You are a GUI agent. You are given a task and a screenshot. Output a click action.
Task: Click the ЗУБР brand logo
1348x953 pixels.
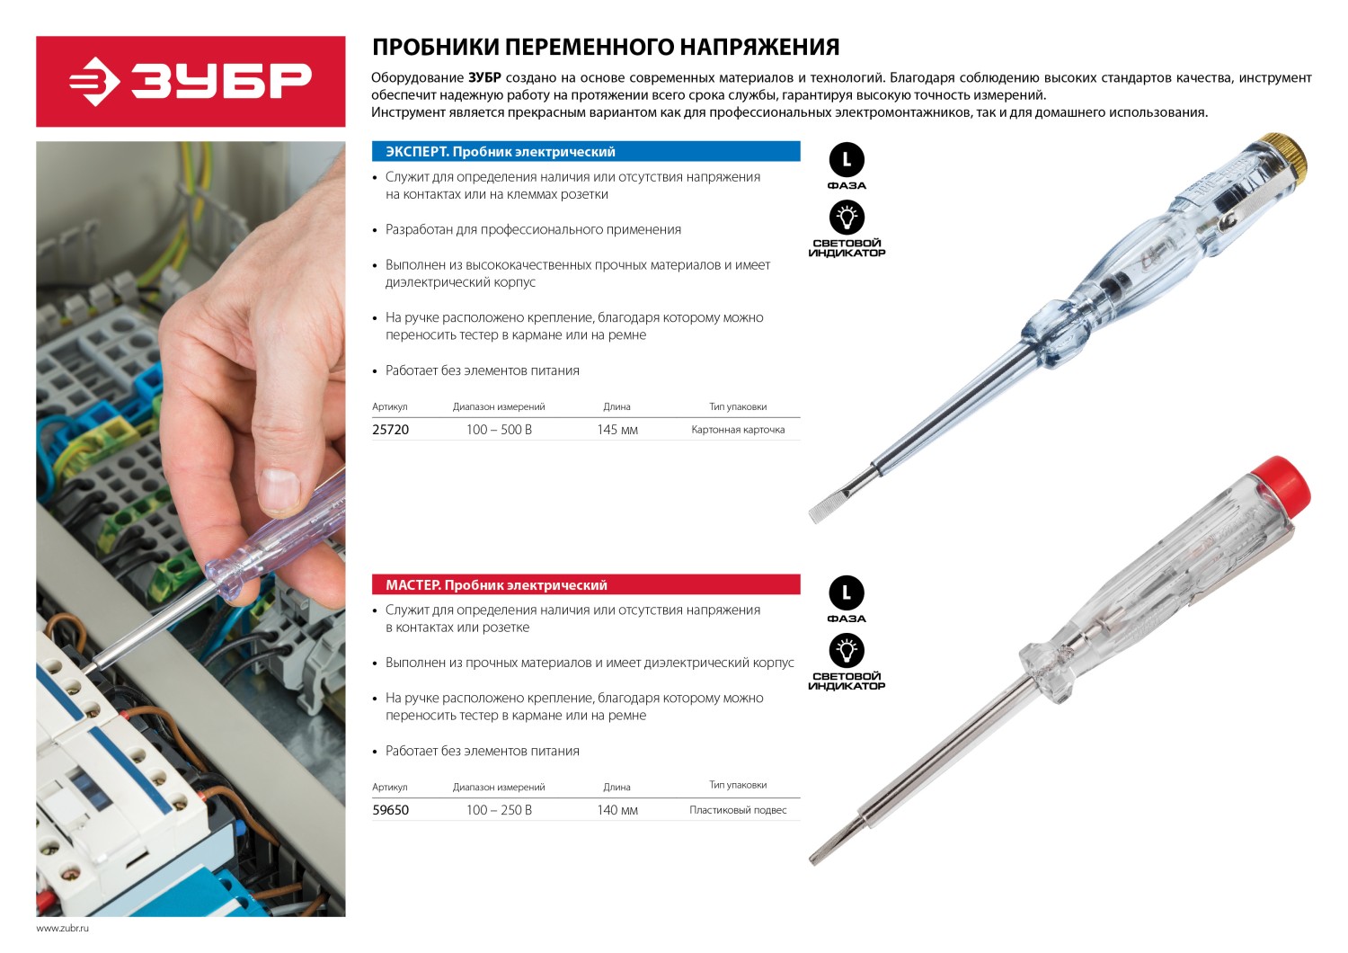click(191, 81)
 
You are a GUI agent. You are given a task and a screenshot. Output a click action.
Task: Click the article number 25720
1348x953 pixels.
click(390, 430)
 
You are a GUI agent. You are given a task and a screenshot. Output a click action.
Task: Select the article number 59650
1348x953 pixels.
click(390, 810)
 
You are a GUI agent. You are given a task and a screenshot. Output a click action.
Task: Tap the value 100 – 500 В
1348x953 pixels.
click(499, 430)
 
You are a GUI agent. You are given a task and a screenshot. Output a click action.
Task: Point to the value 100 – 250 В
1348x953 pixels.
click(499, 810)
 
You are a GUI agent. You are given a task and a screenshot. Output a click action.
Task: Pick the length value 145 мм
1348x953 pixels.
click(616, 430)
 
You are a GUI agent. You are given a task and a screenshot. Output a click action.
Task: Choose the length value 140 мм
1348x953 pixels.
click(616, 810)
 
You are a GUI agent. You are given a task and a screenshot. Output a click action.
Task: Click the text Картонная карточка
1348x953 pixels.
click(738, 430)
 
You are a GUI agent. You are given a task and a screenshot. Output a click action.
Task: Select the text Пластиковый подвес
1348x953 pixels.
click(738, 810)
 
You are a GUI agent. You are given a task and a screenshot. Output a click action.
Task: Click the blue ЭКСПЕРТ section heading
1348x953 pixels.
click(586, 152)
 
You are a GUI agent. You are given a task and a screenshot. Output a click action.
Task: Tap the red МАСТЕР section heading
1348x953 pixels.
click(586, 585)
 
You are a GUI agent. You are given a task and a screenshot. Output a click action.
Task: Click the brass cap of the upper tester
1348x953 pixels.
click(1281, 153)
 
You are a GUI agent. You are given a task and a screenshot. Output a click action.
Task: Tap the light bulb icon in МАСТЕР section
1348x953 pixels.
click(847, 650)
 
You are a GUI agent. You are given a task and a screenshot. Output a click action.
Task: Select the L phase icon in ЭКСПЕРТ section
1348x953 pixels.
click(847, 161)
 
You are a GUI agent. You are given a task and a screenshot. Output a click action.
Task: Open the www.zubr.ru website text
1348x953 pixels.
click(63, 928)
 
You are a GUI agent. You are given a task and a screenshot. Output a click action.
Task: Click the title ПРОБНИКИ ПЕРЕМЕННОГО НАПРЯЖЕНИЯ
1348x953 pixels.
click(606, 47)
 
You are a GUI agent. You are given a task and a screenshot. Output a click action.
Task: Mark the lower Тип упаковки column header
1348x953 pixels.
click(738, 785)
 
